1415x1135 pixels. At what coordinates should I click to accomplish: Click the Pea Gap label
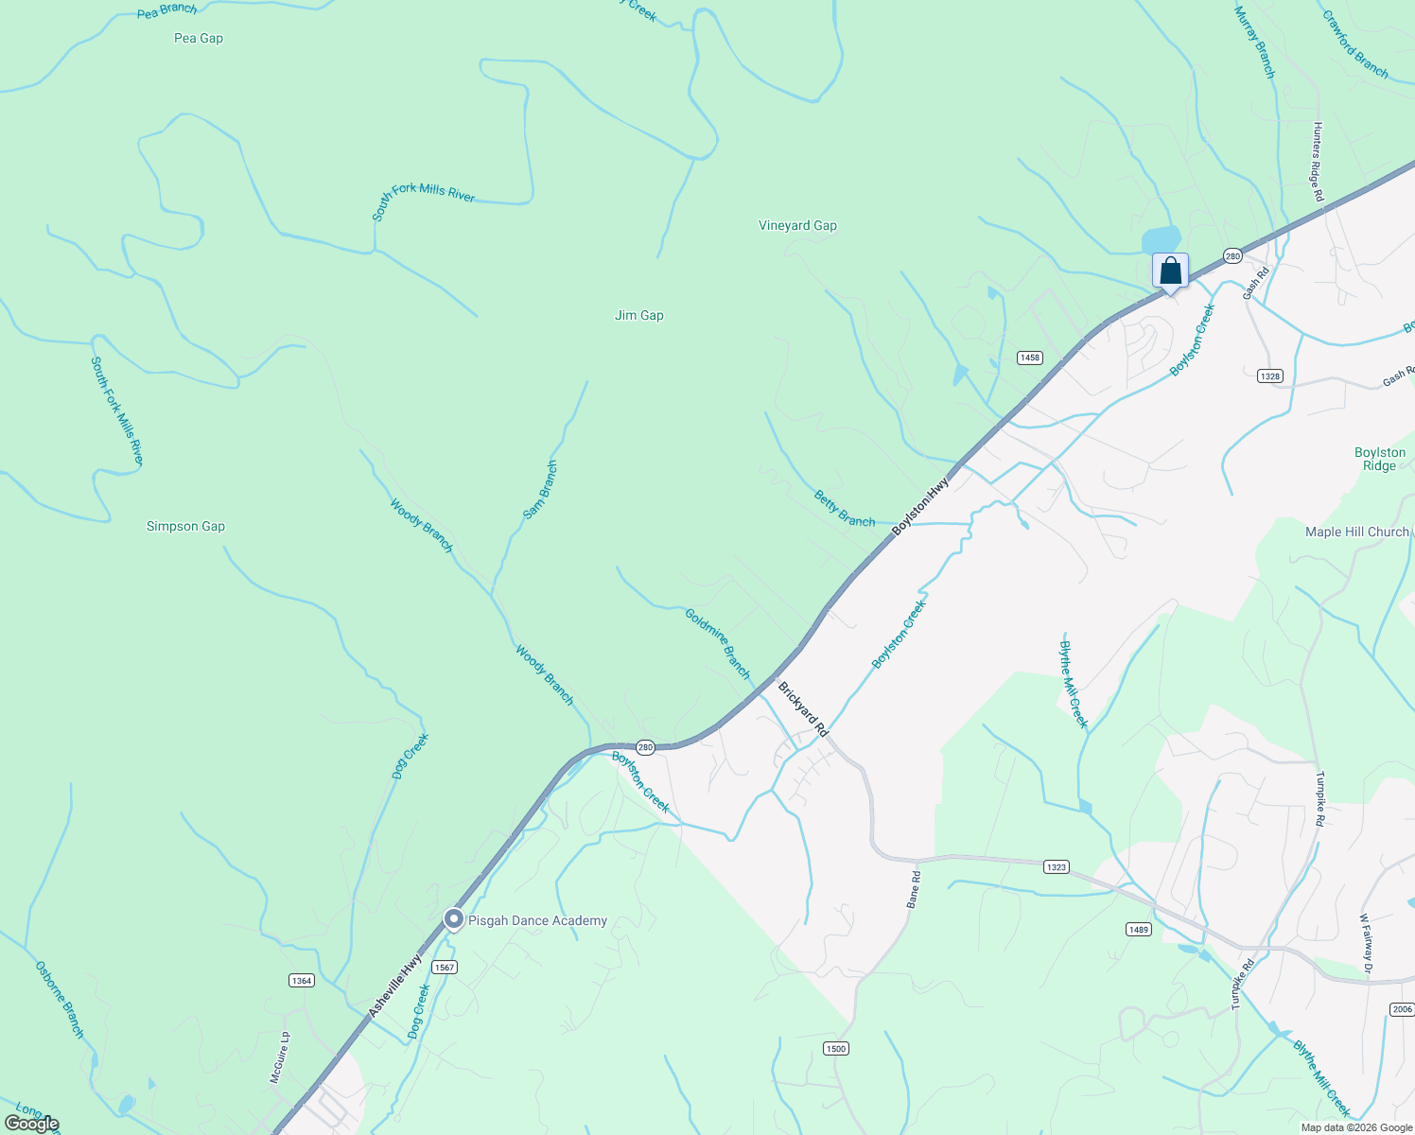[199, 39]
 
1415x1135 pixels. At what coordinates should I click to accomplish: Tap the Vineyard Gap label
[797, 226]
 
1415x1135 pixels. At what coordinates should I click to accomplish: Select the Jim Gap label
[639, 316]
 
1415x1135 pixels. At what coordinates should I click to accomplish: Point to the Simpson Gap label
[185, 527]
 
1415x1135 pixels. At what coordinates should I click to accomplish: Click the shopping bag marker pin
[1170, 271]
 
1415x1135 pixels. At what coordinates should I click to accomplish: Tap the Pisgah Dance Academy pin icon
[454, 919]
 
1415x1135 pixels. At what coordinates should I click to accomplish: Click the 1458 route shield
[1030, 358]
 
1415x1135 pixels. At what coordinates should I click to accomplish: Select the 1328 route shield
[1270, 376]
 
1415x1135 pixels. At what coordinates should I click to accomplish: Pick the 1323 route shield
[1057, 866]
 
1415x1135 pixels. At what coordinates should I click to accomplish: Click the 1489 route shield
[1139, 930]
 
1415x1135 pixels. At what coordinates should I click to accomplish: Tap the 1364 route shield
[302, 981]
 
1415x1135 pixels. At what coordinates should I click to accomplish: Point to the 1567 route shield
[445, 967]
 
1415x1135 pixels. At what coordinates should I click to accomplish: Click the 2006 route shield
[1403, 1010]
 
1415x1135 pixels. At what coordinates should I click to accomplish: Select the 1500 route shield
[835, 1048]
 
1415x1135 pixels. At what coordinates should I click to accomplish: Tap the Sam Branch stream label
[541, 490]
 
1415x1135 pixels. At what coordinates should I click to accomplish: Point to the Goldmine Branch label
[718, 644]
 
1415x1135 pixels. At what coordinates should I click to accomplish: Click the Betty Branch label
[845, 509]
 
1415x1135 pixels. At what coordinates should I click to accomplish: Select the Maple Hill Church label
[1357, 533]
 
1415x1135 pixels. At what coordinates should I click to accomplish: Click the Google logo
[32, 1124]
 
